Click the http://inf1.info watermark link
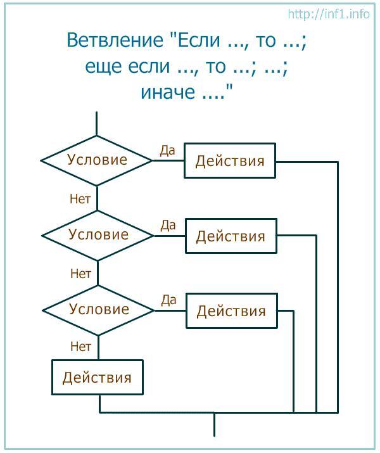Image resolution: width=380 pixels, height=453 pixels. click(x=329, y=13)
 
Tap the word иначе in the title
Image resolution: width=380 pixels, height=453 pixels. click(x=168, y=92)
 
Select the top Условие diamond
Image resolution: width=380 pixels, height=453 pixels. click(x=97, y=161)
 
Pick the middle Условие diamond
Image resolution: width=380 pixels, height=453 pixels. click(x=98, y=236)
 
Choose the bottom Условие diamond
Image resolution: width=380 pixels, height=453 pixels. click(x=98, y=310)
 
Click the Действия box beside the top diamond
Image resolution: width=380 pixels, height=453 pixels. click(x=230, y=161)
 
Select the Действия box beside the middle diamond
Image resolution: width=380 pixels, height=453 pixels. click(x=231, y=236)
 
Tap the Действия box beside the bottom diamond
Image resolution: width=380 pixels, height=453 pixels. click(x=232, y=311)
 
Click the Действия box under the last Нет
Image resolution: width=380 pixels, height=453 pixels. click(x=98, y=378)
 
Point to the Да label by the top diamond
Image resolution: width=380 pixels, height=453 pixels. click(x=167, y=151)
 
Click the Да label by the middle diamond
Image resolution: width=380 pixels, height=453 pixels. click(x=168, y=226)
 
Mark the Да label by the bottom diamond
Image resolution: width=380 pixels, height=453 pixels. click(x=169, y=300)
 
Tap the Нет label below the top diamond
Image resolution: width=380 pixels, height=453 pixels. click(x=80, y=199)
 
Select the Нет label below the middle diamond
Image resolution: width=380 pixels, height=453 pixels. click(x=80, y=273)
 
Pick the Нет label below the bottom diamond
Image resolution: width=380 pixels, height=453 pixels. click(x=80, y=346)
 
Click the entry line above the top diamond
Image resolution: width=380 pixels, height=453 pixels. click(x=96, y=124)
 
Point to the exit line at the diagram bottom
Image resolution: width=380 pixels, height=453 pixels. click(x=214, y=424)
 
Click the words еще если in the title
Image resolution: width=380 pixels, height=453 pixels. click(x=127, y=66)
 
